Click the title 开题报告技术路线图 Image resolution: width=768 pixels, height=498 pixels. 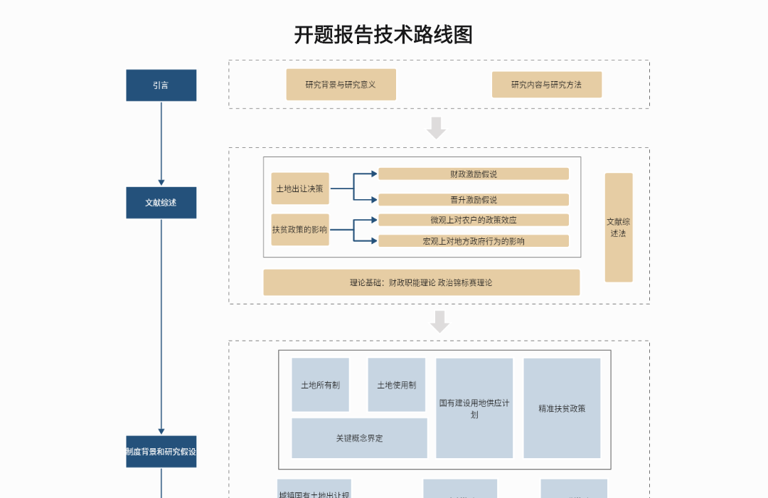click(x=383, y=34)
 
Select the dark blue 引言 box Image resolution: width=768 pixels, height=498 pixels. click(x=161, y=85)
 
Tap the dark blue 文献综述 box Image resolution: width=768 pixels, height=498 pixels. click(x=161, y=203)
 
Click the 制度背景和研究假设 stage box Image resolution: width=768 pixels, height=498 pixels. click(x=161, y=452)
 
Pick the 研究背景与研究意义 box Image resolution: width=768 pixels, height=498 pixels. click(x=341, y=85)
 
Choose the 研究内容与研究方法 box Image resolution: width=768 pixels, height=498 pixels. click(x=546, y=85)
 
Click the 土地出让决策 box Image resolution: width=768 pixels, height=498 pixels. click(x=299, y=189)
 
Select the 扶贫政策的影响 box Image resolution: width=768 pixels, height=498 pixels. click(x=299, y=230)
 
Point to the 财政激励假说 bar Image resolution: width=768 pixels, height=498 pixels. click(x=473, y=174)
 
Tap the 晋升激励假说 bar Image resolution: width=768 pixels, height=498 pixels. click(x=473, y=200)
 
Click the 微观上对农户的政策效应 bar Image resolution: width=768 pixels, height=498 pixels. click(x=473, y=220)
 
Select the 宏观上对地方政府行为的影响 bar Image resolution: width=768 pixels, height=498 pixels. click(x=473, y=241)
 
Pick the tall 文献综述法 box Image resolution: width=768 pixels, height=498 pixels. click(x=618, y=228)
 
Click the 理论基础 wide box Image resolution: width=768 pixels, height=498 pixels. click(x=421, y=282)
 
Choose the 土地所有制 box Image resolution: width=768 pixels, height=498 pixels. click(x=320, y=385)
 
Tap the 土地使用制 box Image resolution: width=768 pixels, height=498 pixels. click(x=396, y=385)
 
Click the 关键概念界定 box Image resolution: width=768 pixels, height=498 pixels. click(x=359, y=438)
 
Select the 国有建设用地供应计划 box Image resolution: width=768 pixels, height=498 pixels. click(x=474, y=408)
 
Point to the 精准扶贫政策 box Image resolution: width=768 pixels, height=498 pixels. click(x=562, y=408)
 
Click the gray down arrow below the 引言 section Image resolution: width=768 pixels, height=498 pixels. click(x=437, y=128)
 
